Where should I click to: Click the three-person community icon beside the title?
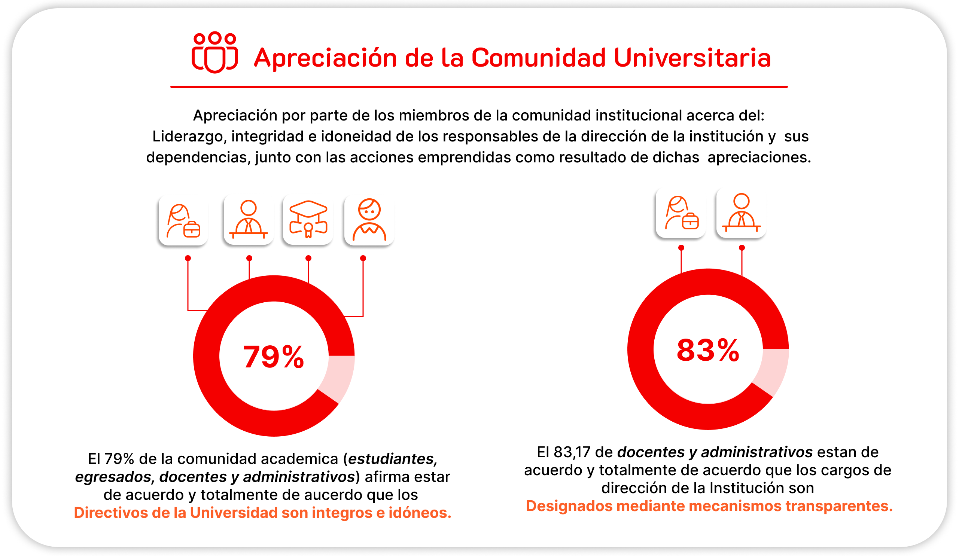pos(214,52)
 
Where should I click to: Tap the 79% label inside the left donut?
pos(274,357)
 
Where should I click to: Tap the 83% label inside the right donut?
pos(707,350)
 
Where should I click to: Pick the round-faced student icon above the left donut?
pos(369,220)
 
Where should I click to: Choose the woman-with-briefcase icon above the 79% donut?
pos(183,221)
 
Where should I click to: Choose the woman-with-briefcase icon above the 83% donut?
pos(681,213)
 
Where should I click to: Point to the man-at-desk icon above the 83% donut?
pos(741,213)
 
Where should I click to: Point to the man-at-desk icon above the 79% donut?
pos(249,219)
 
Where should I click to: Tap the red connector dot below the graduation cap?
pos(308,258)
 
